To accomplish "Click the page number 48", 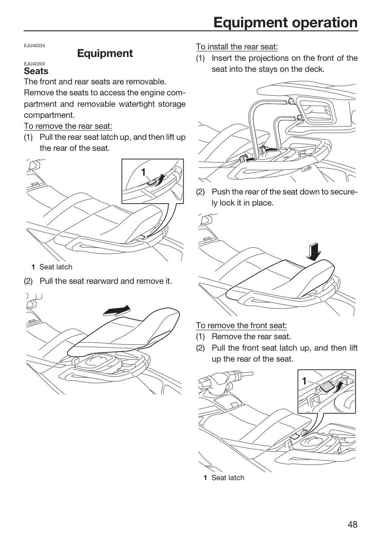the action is [x=353, y=524].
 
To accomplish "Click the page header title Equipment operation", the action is [x=285, y=22].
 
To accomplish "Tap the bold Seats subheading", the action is [x=36, y=71].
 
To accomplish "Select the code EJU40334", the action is [x=35, y=46].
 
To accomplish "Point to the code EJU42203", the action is [x=35, y=64].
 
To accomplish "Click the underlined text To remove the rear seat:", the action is [x=68, y=126].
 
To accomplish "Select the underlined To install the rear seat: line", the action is [x=237, y=47].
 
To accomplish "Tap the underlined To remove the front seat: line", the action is [x=241, y=326].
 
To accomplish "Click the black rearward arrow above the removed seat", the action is [x=117, y=311].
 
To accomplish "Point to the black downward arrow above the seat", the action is [x=314, y=252].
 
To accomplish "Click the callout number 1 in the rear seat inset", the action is [x=143, y=172].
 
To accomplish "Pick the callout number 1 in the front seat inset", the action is [x=304, y=381].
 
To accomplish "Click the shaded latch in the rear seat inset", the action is [x=152, y=182].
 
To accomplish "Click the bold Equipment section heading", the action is [x=105, y=54].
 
